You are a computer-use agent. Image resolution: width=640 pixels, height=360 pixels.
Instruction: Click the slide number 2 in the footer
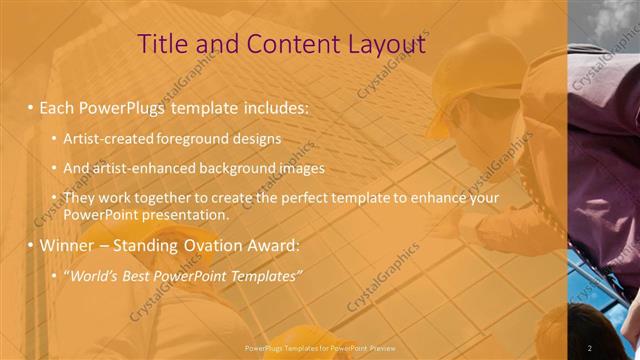click(590, 347)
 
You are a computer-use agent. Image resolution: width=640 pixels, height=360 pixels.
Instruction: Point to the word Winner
click(68, 245)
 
